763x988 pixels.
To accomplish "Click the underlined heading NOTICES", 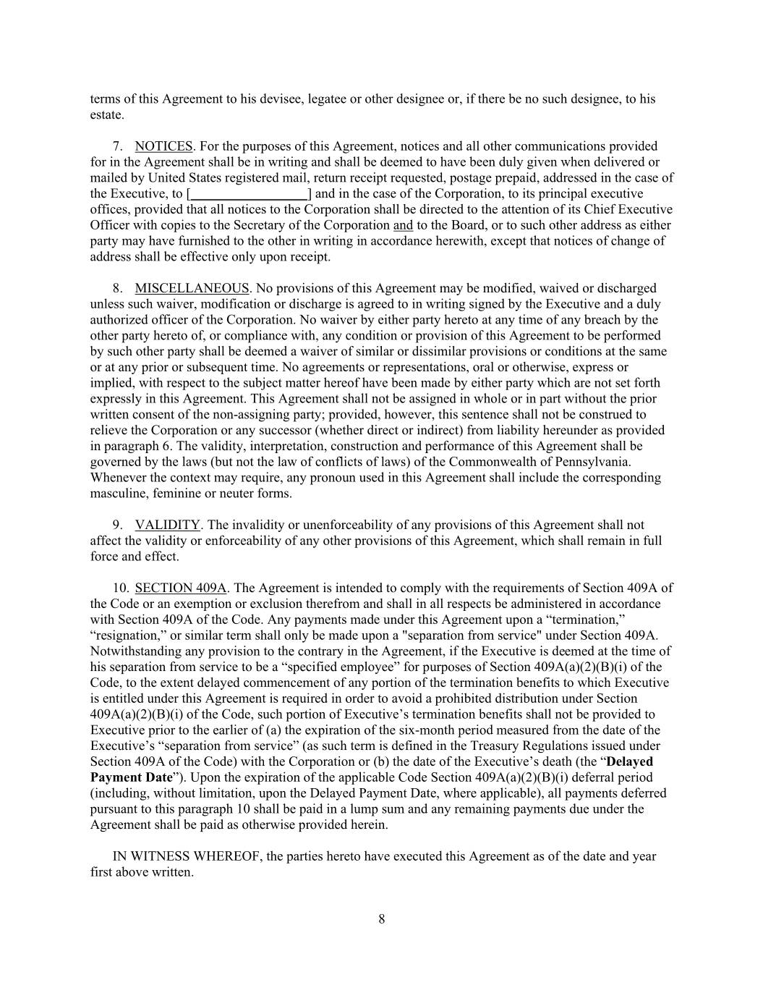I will [x=163, y=146].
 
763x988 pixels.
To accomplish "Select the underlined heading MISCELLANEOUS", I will [x=192, y=288].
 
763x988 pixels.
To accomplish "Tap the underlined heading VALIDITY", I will [x=167, y=525].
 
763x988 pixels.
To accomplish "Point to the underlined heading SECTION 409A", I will [x=181, y=588].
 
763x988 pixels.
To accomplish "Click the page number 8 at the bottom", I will [x=382, y=919].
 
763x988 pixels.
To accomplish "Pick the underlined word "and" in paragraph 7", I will [x=403, y=225].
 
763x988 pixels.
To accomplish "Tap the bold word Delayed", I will [x=629, y=761].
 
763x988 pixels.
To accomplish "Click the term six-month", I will [x=435, y=730].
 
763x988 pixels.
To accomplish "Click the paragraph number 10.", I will [x=120, y=588].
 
